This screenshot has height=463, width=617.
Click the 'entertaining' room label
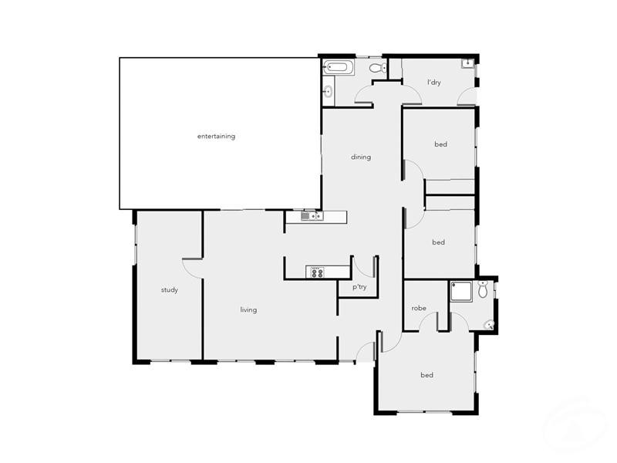(216, 137)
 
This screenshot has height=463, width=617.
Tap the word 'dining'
(361, 157)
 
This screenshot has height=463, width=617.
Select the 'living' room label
(248, 310)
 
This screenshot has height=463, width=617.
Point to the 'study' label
(170, 290)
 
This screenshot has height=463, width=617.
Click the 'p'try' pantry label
(359, 288)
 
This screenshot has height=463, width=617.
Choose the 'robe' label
(419, 309)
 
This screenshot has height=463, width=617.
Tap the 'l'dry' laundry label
(433, 82)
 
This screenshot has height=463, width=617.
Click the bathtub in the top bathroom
(338, 67)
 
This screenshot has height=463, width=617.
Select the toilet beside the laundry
(376, 69)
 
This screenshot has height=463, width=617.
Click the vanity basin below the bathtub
(327, 92)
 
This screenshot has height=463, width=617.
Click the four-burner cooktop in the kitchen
(317, 272)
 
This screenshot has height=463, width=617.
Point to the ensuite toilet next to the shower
(484, 290)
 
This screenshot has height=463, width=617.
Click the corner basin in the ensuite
(488, 325)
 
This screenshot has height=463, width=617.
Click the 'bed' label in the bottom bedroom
(427, 376)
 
